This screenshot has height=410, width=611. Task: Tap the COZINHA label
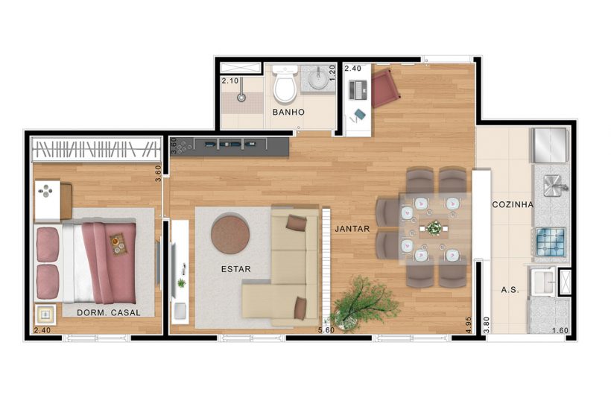pyautogui.click(x=512, y=204)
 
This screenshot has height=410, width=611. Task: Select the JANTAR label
pyautogui.click(x=352, y=229)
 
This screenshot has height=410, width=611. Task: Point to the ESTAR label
pyautogui.click(x=235, y=268)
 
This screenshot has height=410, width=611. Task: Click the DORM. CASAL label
pyautogui.click(x=108, y=312)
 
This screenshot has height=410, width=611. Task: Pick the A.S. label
pyautogui.click(x=510, y=289)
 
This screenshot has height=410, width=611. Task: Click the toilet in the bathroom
pyautogui.click(x=284, y=86)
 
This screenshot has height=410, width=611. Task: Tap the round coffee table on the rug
pyautogui.click(x=230, y=233)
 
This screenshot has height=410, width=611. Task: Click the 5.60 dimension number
pyautogui.click(x=326, y=329)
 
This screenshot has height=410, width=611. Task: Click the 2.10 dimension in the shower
pyautogui.click(x=229, y=81)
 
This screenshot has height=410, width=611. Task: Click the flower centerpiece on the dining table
pyautogui.click(x=433, y=227)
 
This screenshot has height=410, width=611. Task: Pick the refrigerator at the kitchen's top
pyautogui.click(x=550, y=145)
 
